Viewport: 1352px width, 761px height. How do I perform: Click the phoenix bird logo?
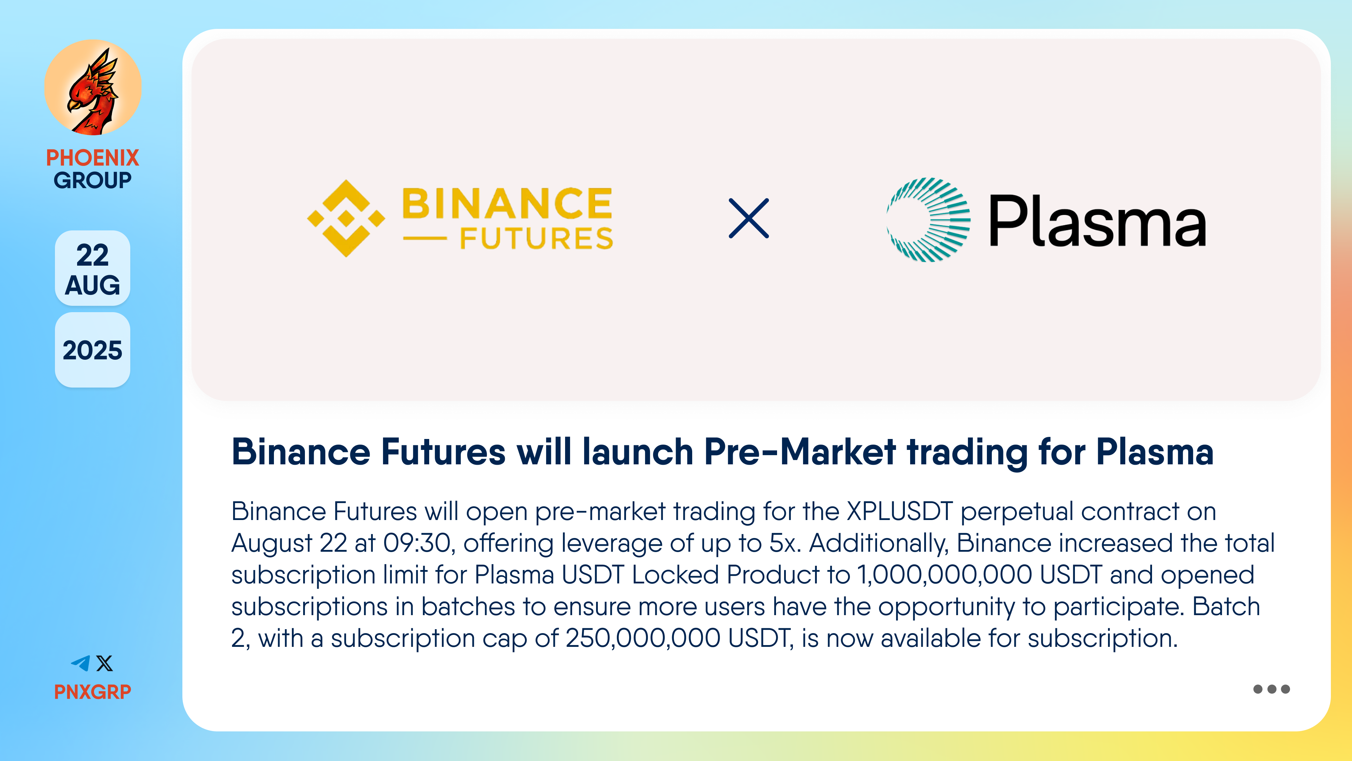coord(93,88)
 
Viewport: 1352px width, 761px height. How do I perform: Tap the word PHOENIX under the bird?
coord(93,157)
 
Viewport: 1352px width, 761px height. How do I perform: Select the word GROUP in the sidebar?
coord(93,180)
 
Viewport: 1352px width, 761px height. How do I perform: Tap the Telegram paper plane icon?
coord(81,663)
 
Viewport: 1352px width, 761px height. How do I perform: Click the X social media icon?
coord(105,663)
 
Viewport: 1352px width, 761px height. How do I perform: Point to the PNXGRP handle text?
coord(93,692)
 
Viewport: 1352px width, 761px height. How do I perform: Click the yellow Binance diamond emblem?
coord(346,218)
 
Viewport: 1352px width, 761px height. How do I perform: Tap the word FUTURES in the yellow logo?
coord(536,239)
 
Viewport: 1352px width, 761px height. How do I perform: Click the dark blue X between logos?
coord(749,218)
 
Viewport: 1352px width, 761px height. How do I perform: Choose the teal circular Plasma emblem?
coord(928,219)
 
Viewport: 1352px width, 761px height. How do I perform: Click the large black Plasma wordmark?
coord(1097,221)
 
